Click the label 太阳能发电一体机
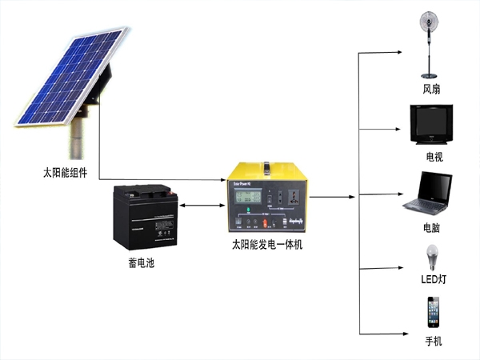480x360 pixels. pos(267,245)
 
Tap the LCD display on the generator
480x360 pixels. pos(248,195)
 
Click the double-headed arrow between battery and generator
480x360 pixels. pos(200,206)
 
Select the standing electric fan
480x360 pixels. pos(432,44)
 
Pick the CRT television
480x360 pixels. pos(432,124)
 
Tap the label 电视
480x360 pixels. pos(434,157)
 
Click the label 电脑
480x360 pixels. pos(432,228)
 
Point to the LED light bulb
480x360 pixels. pos(432,258)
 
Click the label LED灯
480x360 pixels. pos(432,279)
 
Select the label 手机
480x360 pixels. pos(433,342)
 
